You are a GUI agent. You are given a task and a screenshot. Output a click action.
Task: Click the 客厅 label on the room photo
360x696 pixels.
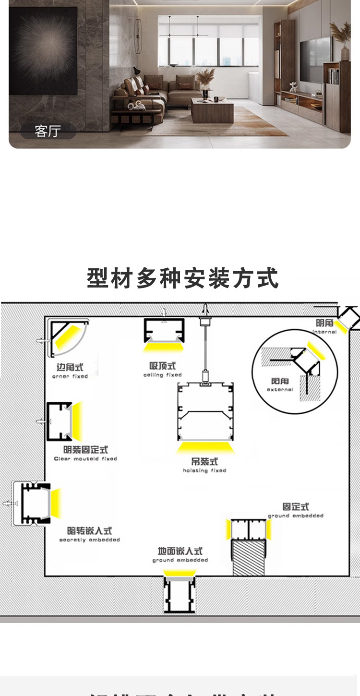[x=48, y=131]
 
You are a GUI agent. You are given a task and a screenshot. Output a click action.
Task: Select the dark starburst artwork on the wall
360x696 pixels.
[x=43, y=50]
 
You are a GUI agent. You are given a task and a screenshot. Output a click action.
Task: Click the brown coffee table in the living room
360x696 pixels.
[x=212, y=111]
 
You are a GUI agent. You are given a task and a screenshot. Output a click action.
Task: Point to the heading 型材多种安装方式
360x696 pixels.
[x=182, y=279]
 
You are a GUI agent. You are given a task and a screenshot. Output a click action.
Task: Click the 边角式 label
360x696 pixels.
[x=70, y=367]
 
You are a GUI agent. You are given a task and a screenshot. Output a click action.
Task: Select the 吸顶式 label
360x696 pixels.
[x=163, y=366]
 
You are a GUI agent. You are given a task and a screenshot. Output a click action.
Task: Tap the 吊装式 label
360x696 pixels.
[x=204, y=462]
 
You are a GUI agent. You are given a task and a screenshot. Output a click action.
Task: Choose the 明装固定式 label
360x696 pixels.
[x=85, y=450]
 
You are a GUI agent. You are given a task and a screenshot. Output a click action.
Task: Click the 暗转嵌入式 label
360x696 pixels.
[x=90, y=531]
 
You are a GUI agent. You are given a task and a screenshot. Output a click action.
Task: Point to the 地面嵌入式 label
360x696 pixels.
[x=180, y=551]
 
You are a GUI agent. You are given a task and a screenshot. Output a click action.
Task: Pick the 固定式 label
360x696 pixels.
[x=296, y=507]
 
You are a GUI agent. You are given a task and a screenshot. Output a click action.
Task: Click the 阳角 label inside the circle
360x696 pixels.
[x=280, y=381]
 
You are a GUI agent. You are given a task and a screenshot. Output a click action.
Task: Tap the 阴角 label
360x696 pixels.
[x=324, y=323]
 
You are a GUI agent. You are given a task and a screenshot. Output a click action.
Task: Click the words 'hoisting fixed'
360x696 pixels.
[x=204, y=471]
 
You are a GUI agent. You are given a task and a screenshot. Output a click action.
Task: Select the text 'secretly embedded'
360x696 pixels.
[x=90, y=540]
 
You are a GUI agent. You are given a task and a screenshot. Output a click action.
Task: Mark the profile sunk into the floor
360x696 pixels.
[x=180, y=594]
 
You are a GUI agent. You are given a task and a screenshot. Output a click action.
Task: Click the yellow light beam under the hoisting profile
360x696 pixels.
[x=205, y=448]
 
